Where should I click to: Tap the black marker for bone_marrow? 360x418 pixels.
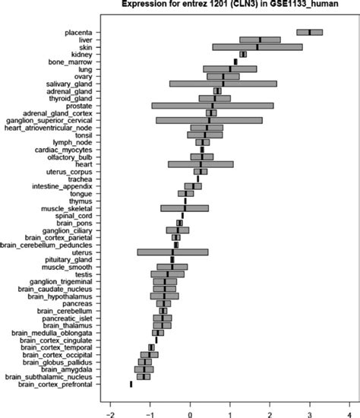point(235,62)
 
